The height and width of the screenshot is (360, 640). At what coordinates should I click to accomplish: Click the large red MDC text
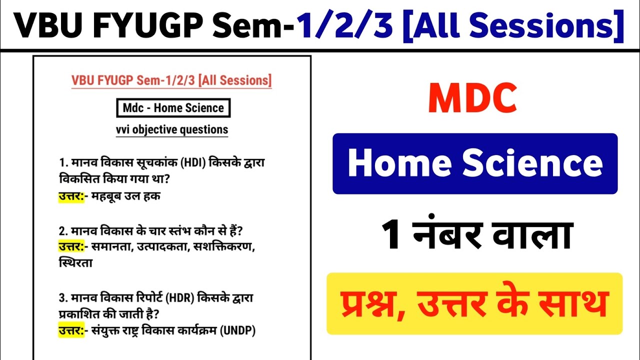472,99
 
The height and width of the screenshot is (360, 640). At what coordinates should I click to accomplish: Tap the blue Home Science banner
475,163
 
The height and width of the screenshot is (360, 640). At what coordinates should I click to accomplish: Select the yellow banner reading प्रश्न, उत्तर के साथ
474,303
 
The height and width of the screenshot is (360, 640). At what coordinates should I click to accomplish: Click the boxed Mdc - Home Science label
173,108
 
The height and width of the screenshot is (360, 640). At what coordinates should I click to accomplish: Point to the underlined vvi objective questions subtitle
172,129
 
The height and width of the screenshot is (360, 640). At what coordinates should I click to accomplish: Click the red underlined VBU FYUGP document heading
171,80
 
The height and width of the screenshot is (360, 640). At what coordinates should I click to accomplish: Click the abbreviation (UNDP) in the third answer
237,331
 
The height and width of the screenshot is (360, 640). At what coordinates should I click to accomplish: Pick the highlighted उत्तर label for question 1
70,196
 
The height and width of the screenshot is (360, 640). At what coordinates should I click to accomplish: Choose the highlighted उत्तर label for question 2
70,246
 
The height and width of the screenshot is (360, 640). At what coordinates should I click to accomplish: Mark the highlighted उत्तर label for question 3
70,331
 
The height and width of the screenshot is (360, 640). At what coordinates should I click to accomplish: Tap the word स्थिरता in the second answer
75,263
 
